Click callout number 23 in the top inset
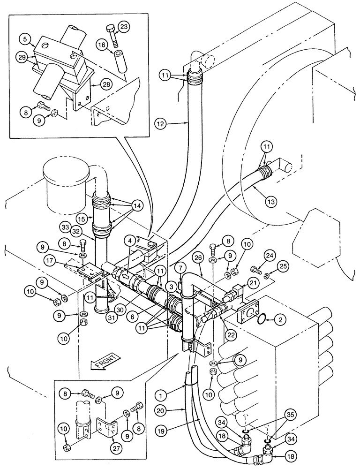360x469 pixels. (x=123, y=26)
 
